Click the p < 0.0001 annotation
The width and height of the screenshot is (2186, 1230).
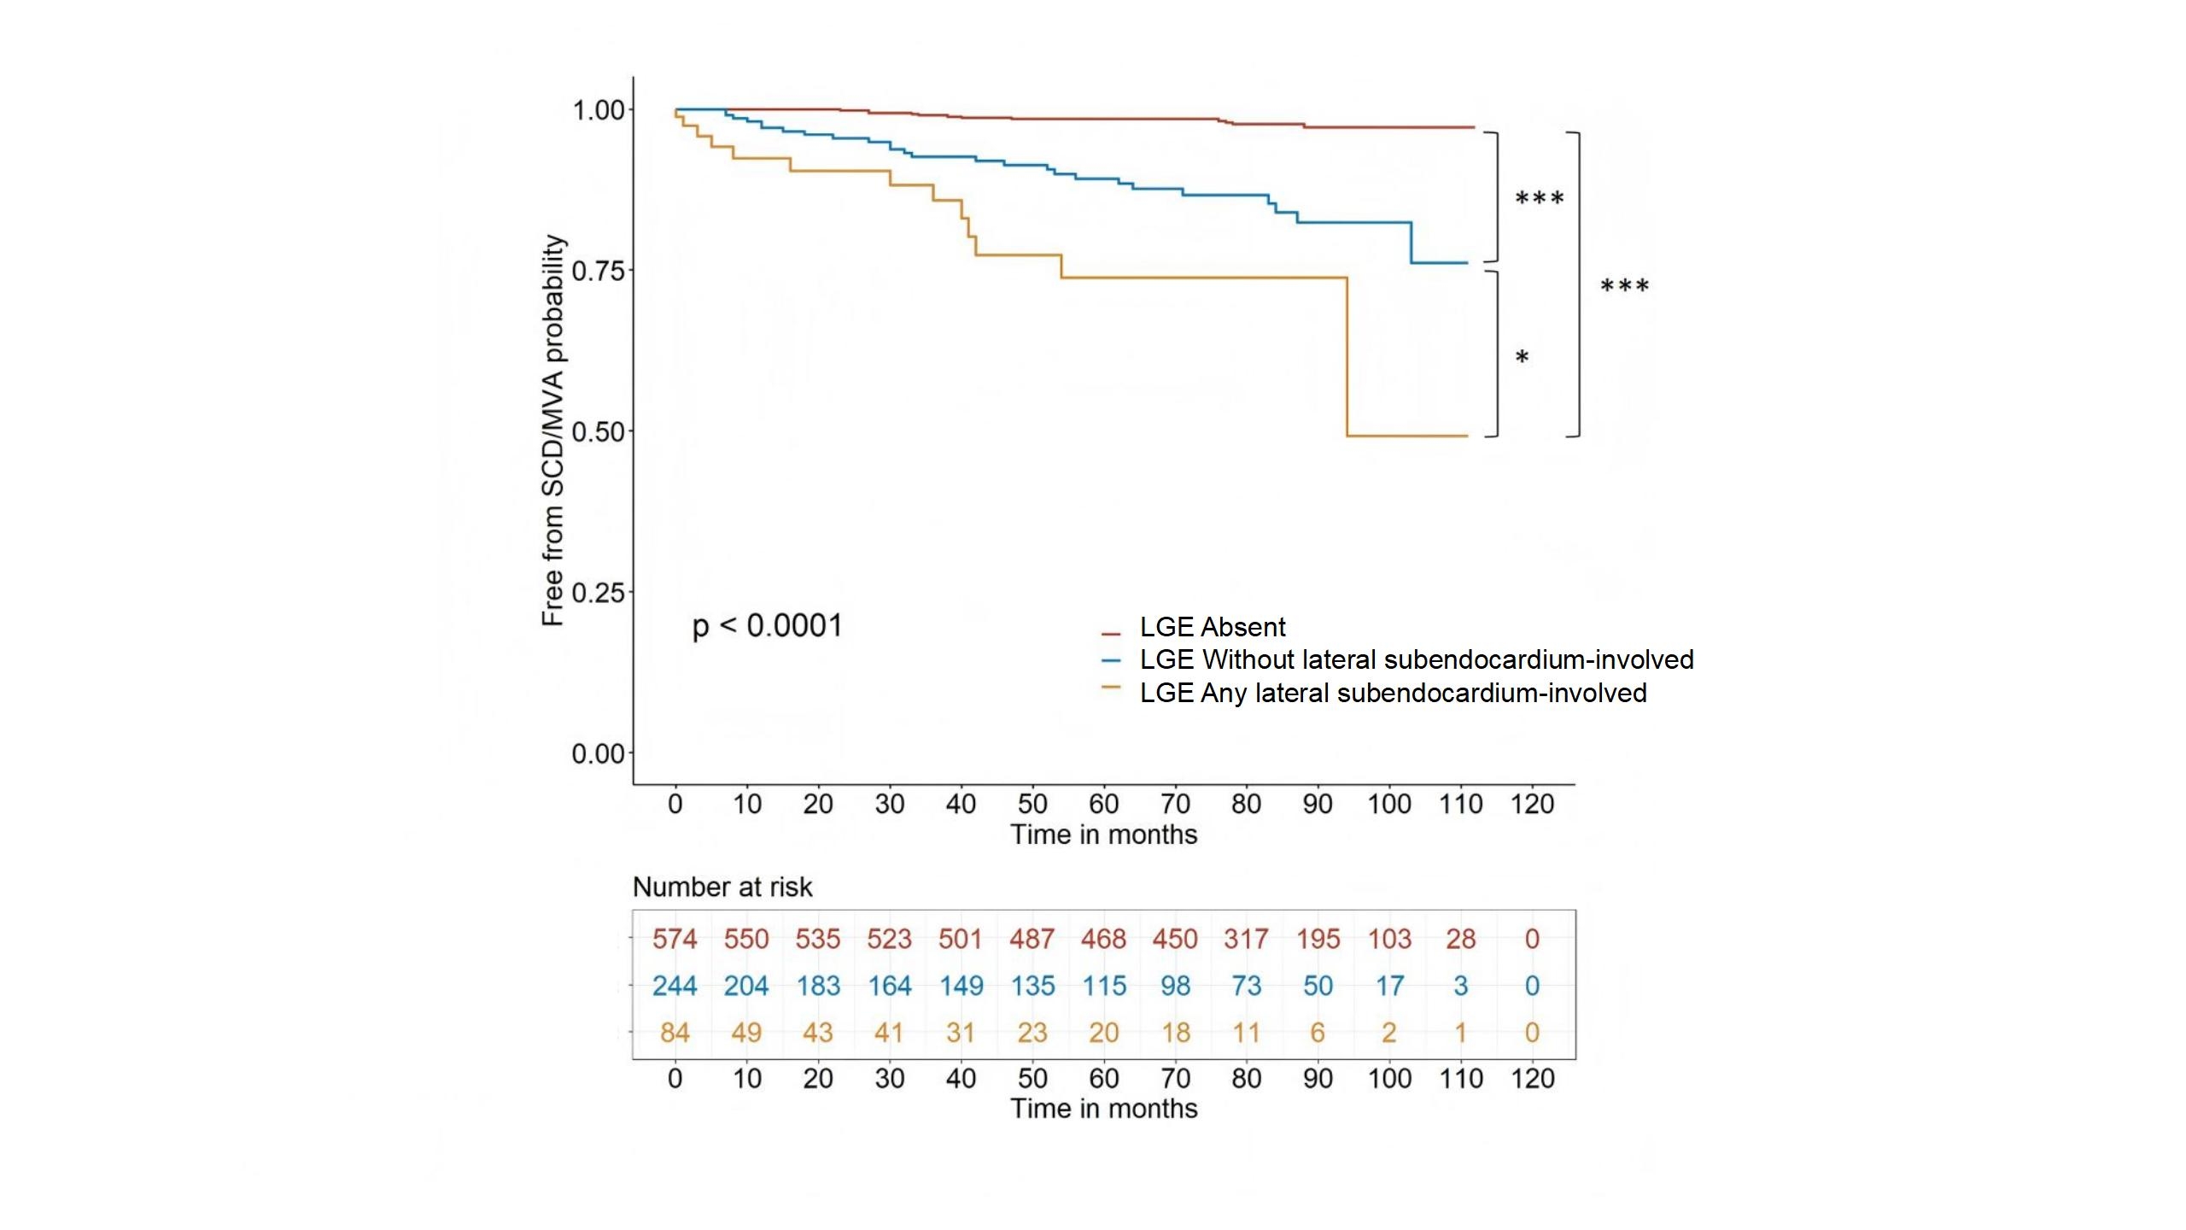767,626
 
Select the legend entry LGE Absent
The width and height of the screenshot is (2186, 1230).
1212,628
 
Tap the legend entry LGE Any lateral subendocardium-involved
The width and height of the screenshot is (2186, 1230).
1393,693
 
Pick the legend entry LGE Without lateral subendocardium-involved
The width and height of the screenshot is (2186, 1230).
1416,660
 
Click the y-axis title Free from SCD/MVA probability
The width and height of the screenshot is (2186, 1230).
554,430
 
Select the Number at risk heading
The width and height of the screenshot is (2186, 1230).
722,887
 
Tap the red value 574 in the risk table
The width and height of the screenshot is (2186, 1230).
675,940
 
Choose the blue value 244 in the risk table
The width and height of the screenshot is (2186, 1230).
675,987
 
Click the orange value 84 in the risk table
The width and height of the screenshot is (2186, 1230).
675,1034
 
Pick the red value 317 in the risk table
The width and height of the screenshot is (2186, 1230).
1246,940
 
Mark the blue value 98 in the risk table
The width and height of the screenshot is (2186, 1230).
1175,987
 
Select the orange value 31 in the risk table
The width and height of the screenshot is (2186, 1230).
961,1034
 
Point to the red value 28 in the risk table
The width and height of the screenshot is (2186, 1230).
1461,940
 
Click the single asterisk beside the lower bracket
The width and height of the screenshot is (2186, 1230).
1522,358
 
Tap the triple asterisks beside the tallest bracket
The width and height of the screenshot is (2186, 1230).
1624,287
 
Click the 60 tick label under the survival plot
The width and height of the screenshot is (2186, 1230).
1103,805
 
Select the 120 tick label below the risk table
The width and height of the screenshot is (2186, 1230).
1532,1079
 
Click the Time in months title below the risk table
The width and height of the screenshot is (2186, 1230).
1103,1109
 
